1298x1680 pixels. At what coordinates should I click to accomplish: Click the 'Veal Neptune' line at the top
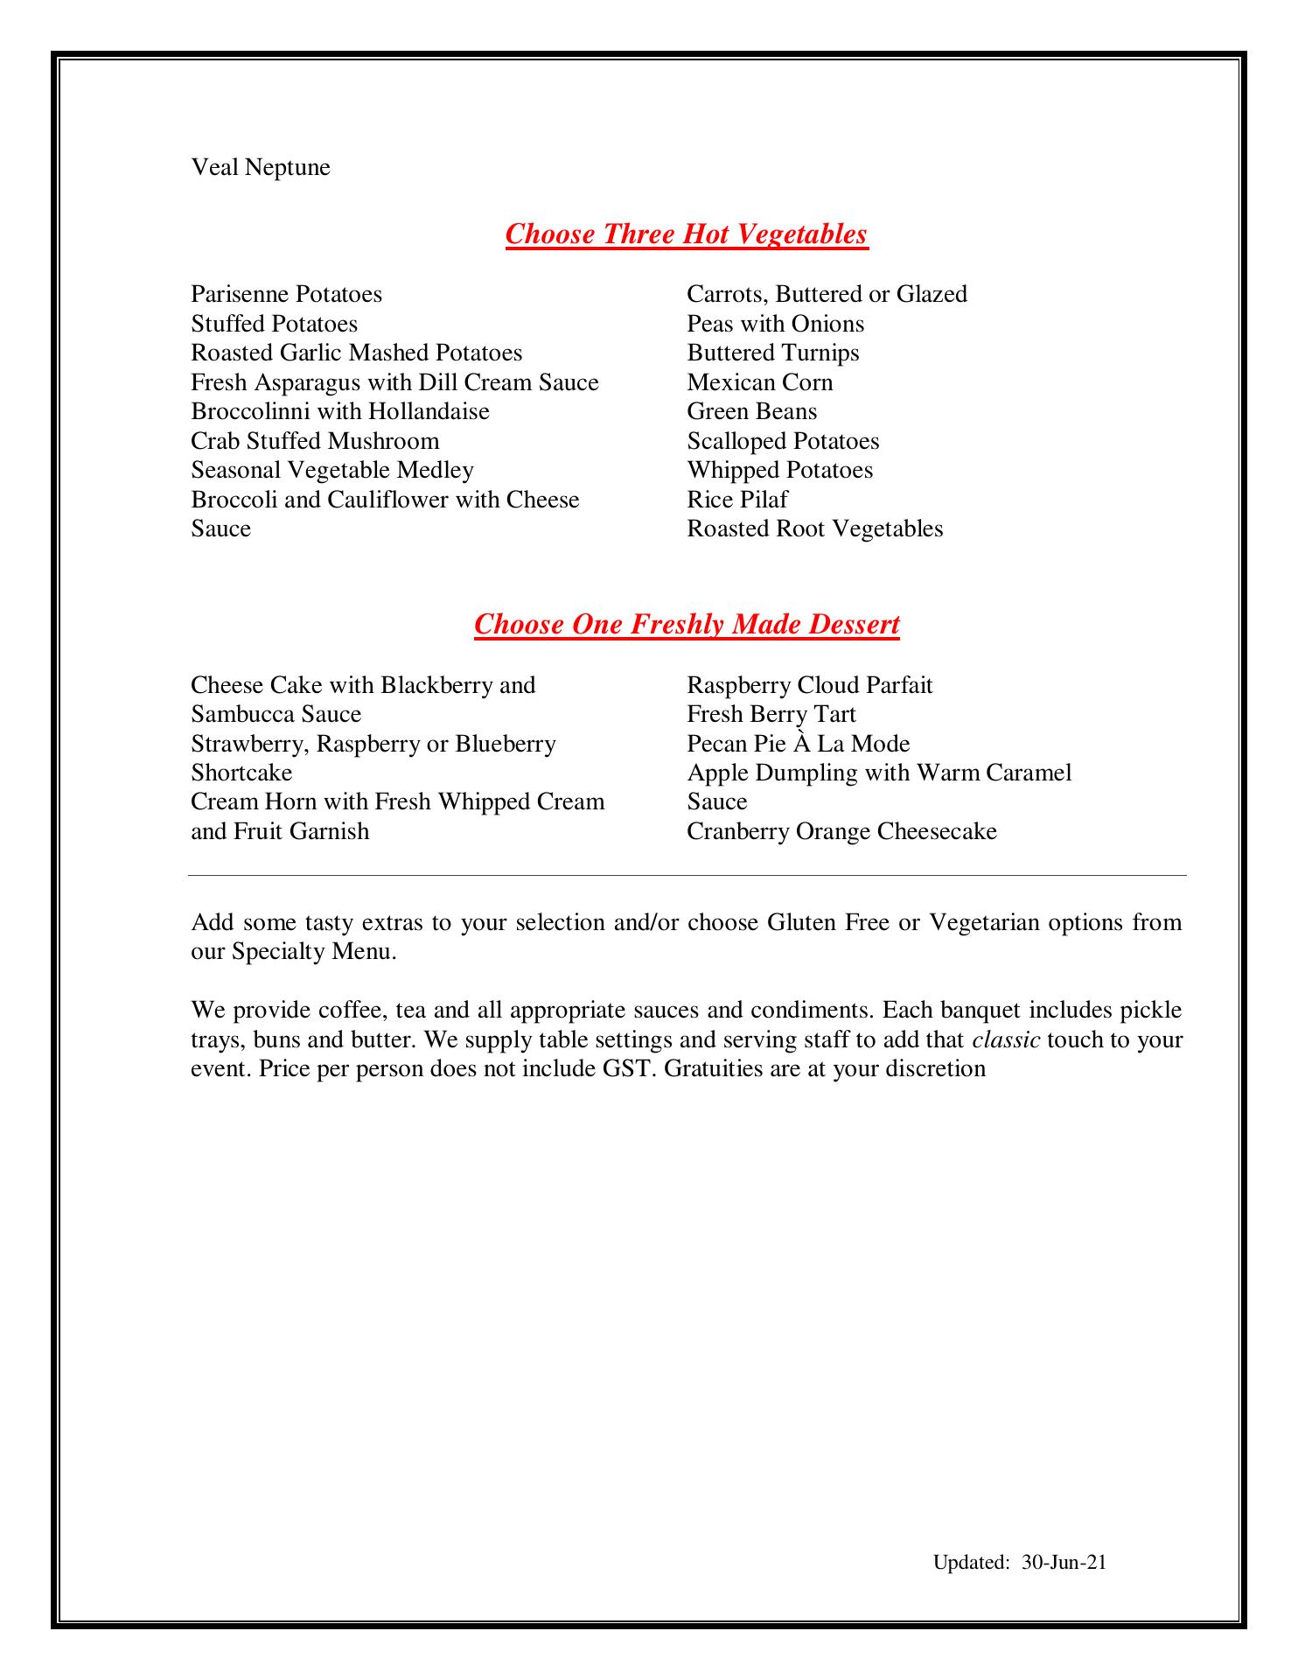coord(261,167)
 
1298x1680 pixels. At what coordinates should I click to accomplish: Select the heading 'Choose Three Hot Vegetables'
coord(687,234)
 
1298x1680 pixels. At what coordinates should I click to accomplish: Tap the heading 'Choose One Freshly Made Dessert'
coord(687,625)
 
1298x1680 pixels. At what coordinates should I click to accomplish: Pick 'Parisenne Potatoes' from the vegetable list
coord(287,294)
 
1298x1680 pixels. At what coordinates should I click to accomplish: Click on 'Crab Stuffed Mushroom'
coord(315,441)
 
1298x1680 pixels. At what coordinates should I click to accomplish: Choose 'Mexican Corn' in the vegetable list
coord(759,382)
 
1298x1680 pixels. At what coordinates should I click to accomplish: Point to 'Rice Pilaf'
coord(737,500)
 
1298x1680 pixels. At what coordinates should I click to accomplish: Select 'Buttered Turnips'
coord(772,353)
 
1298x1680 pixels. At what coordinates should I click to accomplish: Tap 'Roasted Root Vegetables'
coord(814,528)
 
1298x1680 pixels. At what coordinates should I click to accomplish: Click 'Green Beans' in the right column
coord(751,411)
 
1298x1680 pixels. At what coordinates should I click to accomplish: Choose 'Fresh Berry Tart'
coord(771,714)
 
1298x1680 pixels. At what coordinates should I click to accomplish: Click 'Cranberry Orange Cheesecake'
coord(841,831)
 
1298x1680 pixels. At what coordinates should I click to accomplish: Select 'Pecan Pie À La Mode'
coord(798,744)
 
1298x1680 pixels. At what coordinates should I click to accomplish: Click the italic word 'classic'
coord(1005,1039)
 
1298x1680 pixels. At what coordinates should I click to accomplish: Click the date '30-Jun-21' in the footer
coord(1064,1563)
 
